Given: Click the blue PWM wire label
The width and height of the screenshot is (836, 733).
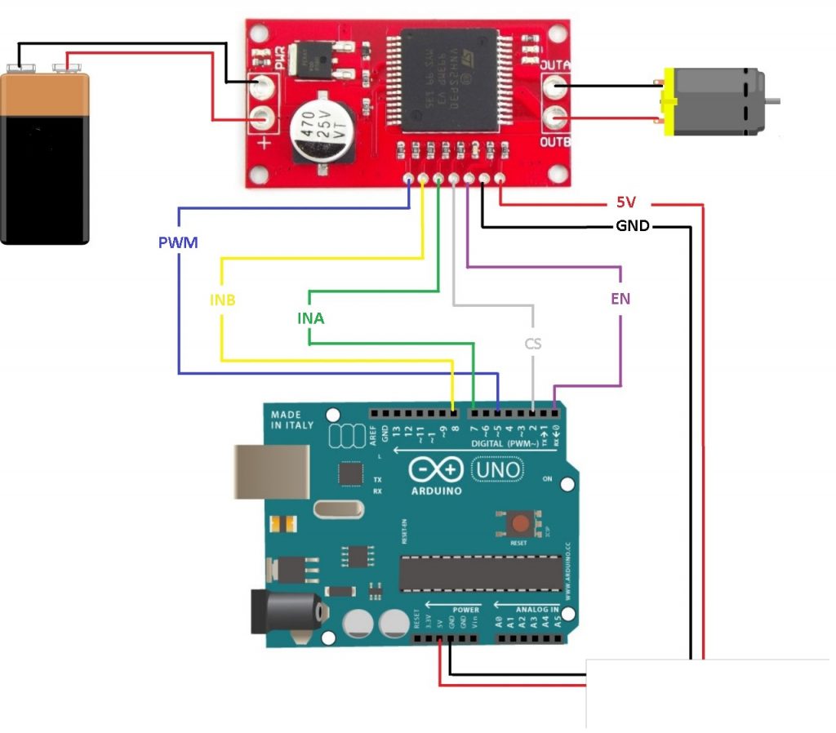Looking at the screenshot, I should click(x=178, y=242).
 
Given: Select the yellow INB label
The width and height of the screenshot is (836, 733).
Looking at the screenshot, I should click(x=222, y=300).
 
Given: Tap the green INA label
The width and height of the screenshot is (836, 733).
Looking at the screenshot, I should click(x=310, y=318).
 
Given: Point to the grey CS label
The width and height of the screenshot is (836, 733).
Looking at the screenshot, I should click(x=532, y=344).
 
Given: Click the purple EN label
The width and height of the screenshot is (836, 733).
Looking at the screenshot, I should click(x=620, y=299).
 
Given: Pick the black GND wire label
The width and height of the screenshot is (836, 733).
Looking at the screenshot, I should click(x=632, y=226).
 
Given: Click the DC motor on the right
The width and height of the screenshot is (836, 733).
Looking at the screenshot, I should click(x=715, y=102).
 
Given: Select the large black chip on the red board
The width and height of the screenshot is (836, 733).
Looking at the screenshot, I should click(x=448, y=78).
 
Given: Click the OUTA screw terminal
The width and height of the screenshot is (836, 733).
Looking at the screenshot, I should click(x=556, y=85).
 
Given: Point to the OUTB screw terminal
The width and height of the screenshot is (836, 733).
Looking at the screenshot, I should click(x=556, y=119).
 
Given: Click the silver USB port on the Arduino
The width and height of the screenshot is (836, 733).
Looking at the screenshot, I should click(x=273, y=471).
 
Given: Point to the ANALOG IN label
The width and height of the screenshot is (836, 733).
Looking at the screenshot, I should click(x=537, y=609).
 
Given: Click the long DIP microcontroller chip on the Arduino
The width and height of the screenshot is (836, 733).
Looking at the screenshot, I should click(x=480, y=574).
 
